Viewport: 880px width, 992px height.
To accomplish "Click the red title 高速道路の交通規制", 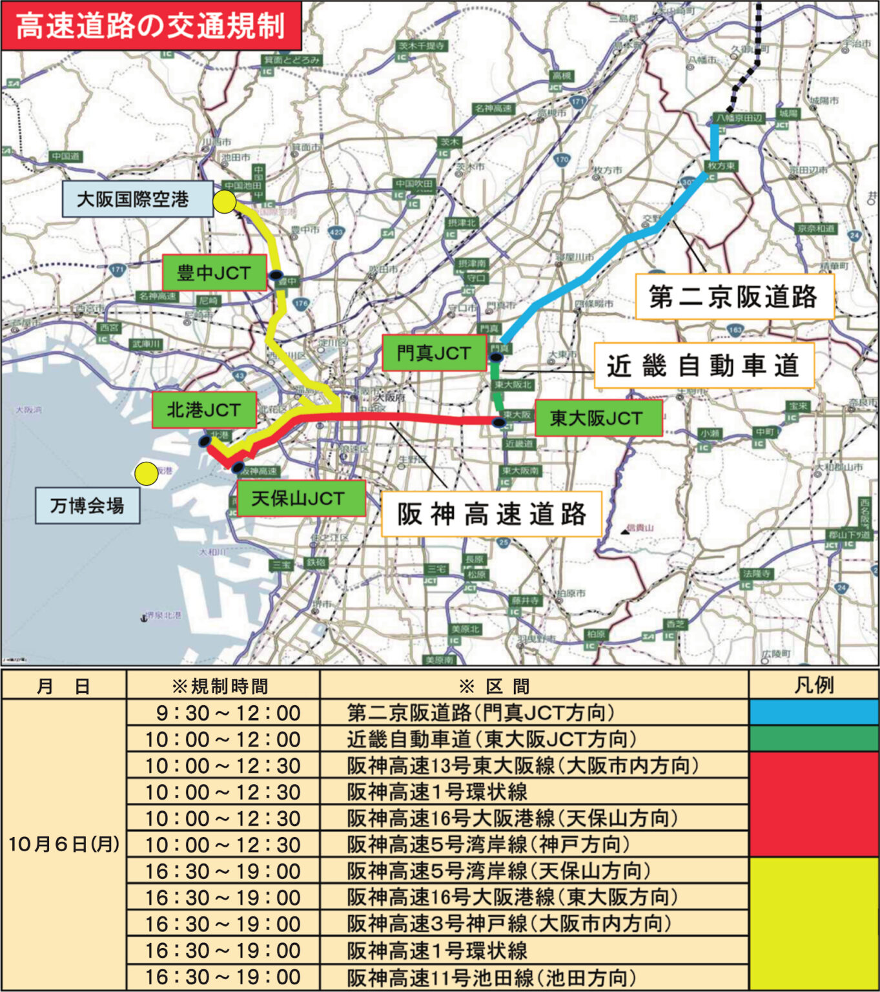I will pyautogui.click(x=150, y=26).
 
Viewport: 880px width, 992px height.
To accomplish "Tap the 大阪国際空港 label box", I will pyautogui.click(x=138, y=198).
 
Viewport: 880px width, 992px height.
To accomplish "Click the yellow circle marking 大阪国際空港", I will pyautogui.click(x=225, y=202).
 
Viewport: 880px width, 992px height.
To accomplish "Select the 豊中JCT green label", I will pyautogui.click(x=214, y=273).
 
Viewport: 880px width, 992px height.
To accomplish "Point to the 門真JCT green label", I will pyautogui.click(x=434, y=353).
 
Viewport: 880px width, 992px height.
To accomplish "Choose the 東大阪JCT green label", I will pyautogui.click(x=598, y=418).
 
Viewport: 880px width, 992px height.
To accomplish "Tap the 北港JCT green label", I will pyautogui.click(x=204, y=409).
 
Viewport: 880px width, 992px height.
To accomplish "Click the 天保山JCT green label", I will pyautogui.click(x=301, y=498).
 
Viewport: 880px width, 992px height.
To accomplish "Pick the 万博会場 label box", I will pyautogui.click(x=88, y=506).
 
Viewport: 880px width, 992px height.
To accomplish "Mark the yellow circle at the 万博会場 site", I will pyautogui.click(x=147, y=473).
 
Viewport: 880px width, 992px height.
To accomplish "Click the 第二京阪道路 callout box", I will pyautogui.click(x=734, y=296).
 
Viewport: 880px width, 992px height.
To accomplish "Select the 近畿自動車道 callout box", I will pyautogui.click(x=703, y=366).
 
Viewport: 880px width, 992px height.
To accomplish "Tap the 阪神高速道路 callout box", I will pyautogui.click(x=491, y=514).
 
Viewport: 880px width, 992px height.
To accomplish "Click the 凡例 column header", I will pyautogui.click(x=813, y=685).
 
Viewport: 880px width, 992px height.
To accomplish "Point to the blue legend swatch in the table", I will pyautogui.click(x=813, y=712).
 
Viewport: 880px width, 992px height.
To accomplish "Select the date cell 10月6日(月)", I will pyautogui.click(x=64, y=844).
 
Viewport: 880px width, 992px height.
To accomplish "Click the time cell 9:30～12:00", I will pyautogui.click(x=223, y=713).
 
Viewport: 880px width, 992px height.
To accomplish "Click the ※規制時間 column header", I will pyautogui.click(x=223, y=685).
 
